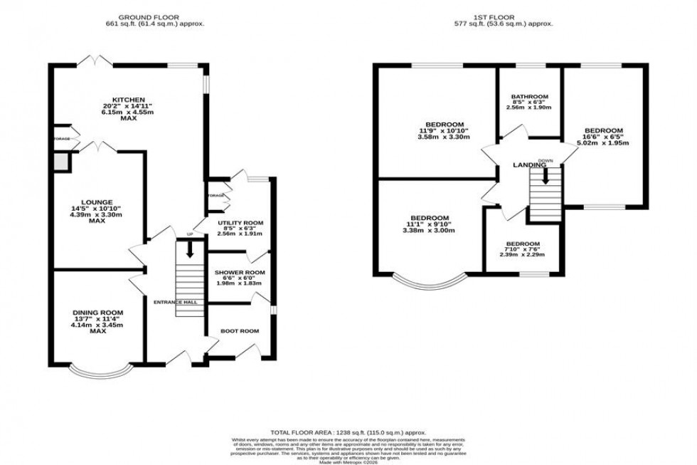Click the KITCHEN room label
[x=128, y=100]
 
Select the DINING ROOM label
[x=97, y=312]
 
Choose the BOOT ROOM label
[x=240, y=331]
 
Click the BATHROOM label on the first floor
[x=530, y=97]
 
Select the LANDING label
[x=530, y=166]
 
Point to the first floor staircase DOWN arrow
[x=546, y=175]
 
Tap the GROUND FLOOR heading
[x=149, y=16]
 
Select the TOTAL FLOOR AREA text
[x=348, y=432]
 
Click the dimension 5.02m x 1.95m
[x=604, y=142]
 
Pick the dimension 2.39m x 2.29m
[x=523, y=255]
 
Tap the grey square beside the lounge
[x=62, y=163]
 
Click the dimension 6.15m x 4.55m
[x=128, y=113]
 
